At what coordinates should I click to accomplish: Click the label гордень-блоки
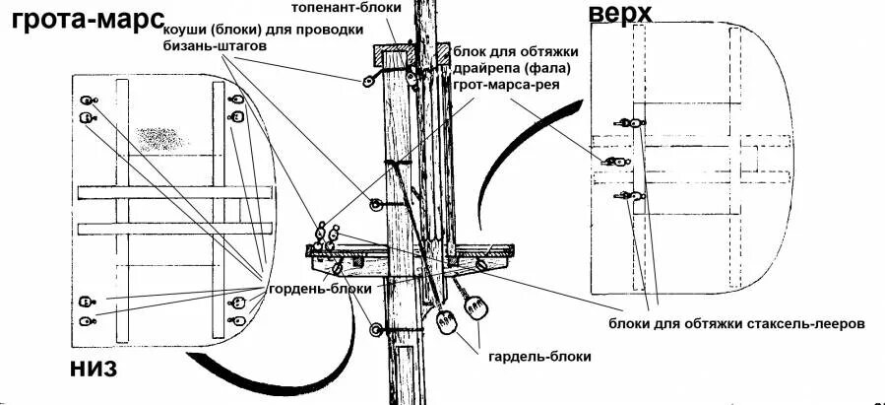320,289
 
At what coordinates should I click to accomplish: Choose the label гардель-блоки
539,357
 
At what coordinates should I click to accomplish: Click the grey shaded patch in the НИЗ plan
158,138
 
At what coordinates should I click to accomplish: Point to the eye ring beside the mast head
370,79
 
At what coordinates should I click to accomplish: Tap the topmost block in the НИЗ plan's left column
87,101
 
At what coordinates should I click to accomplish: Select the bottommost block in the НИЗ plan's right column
236,321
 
